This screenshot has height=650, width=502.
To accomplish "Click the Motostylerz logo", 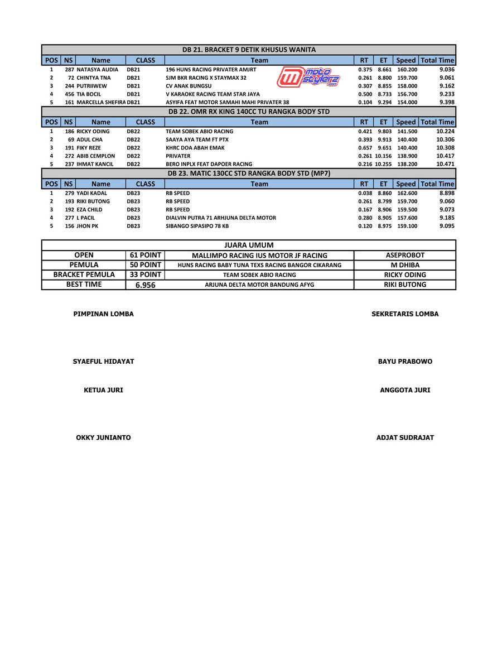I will point(308,77).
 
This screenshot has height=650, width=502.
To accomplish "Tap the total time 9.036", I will point(447,70).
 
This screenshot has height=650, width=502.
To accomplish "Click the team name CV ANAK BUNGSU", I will point(189,86).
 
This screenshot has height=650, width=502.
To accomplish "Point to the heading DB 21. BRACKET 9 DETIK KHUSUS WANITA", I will point(249,50).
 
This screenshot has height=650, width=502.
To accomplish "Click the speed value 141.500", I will point(407,132).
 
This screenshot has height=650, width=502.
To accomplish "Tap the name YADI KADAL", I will point(91,193).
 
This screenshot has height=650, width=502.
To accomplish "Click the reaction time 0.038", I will point(365,193).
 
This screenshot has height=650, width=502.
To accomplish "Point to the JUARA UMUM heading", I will point(249,245).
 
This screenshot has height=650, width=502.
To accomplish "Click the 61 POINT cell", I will point(146,255).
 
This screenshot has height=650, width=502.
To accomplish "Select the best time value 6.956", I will point(146,285).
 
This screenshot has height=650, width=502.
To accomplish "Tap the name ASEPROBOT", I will point(405,256).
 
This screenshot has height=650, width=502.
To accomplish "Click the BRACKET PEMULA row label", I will point(84,275).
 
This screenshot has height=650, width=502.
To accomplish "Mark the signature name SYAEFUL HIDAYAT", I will point(103,362).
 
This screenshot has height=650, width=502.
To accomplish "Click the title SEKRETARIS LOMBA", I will point(405,314).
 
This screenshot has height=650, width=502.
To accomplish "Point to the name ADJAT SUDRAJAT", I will point(405,438).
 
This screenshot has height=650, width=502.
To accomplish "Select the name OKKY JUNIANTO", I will point(103,438).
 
